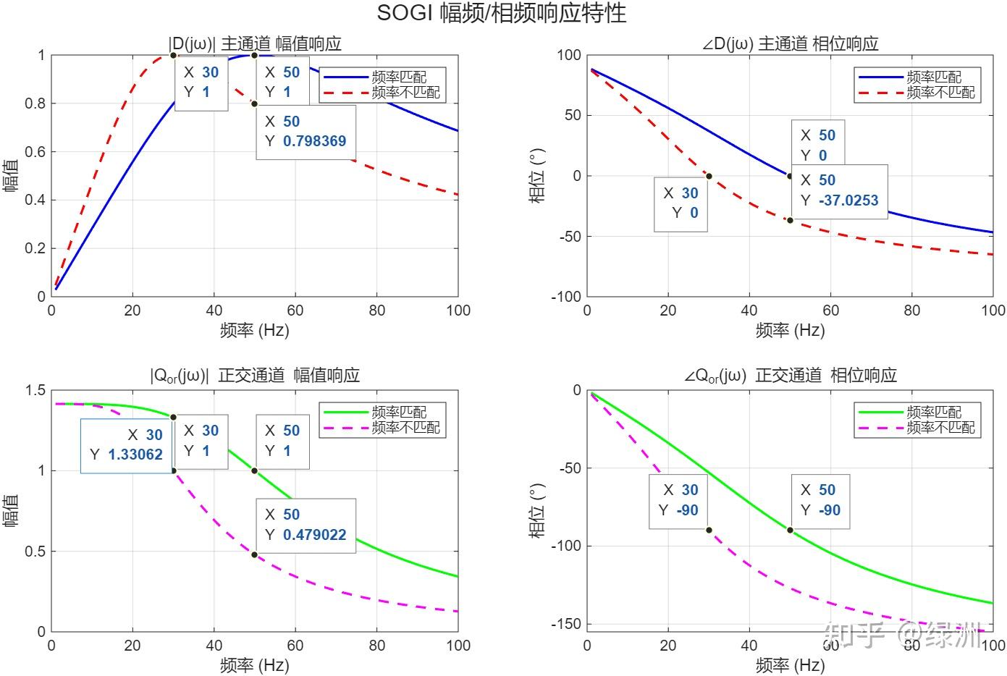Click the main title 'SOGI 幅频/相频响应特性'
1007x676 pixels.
tap(501, 13)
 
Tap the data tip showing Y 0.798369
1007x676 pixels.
tap(306, 132)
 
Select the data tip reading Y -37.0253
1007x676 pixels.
tap(839, 190)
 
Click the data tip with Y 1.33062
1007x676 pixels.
tap(126, 445)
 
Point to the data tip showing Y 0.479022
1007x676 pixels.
tap(306, 525)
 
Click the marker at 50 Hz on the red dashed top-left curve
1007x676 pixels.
tap(254, 103)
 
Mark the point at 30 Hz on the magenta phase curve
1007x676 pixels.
tap(709, 530)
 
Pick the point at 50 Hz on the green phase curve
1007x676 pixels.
tap(790, 530)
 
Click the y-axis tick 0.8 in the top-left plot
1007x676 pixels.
tap(35, 103)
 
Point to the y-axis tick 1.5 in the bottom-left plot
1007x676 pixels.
tap(35, 390)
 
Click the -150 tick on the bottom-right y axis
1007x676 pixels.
tap(566, 624)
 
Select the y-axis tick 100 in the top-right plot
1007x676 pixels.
tap(569, 55)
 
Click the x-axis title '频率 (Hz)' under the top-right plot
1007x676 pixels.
tap(790, 331)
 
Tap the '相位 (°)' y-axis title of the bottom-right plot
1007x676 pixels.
tap(536, 510)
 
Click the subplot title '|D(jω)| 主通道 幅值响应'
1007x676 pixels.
tap(254, 43)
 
